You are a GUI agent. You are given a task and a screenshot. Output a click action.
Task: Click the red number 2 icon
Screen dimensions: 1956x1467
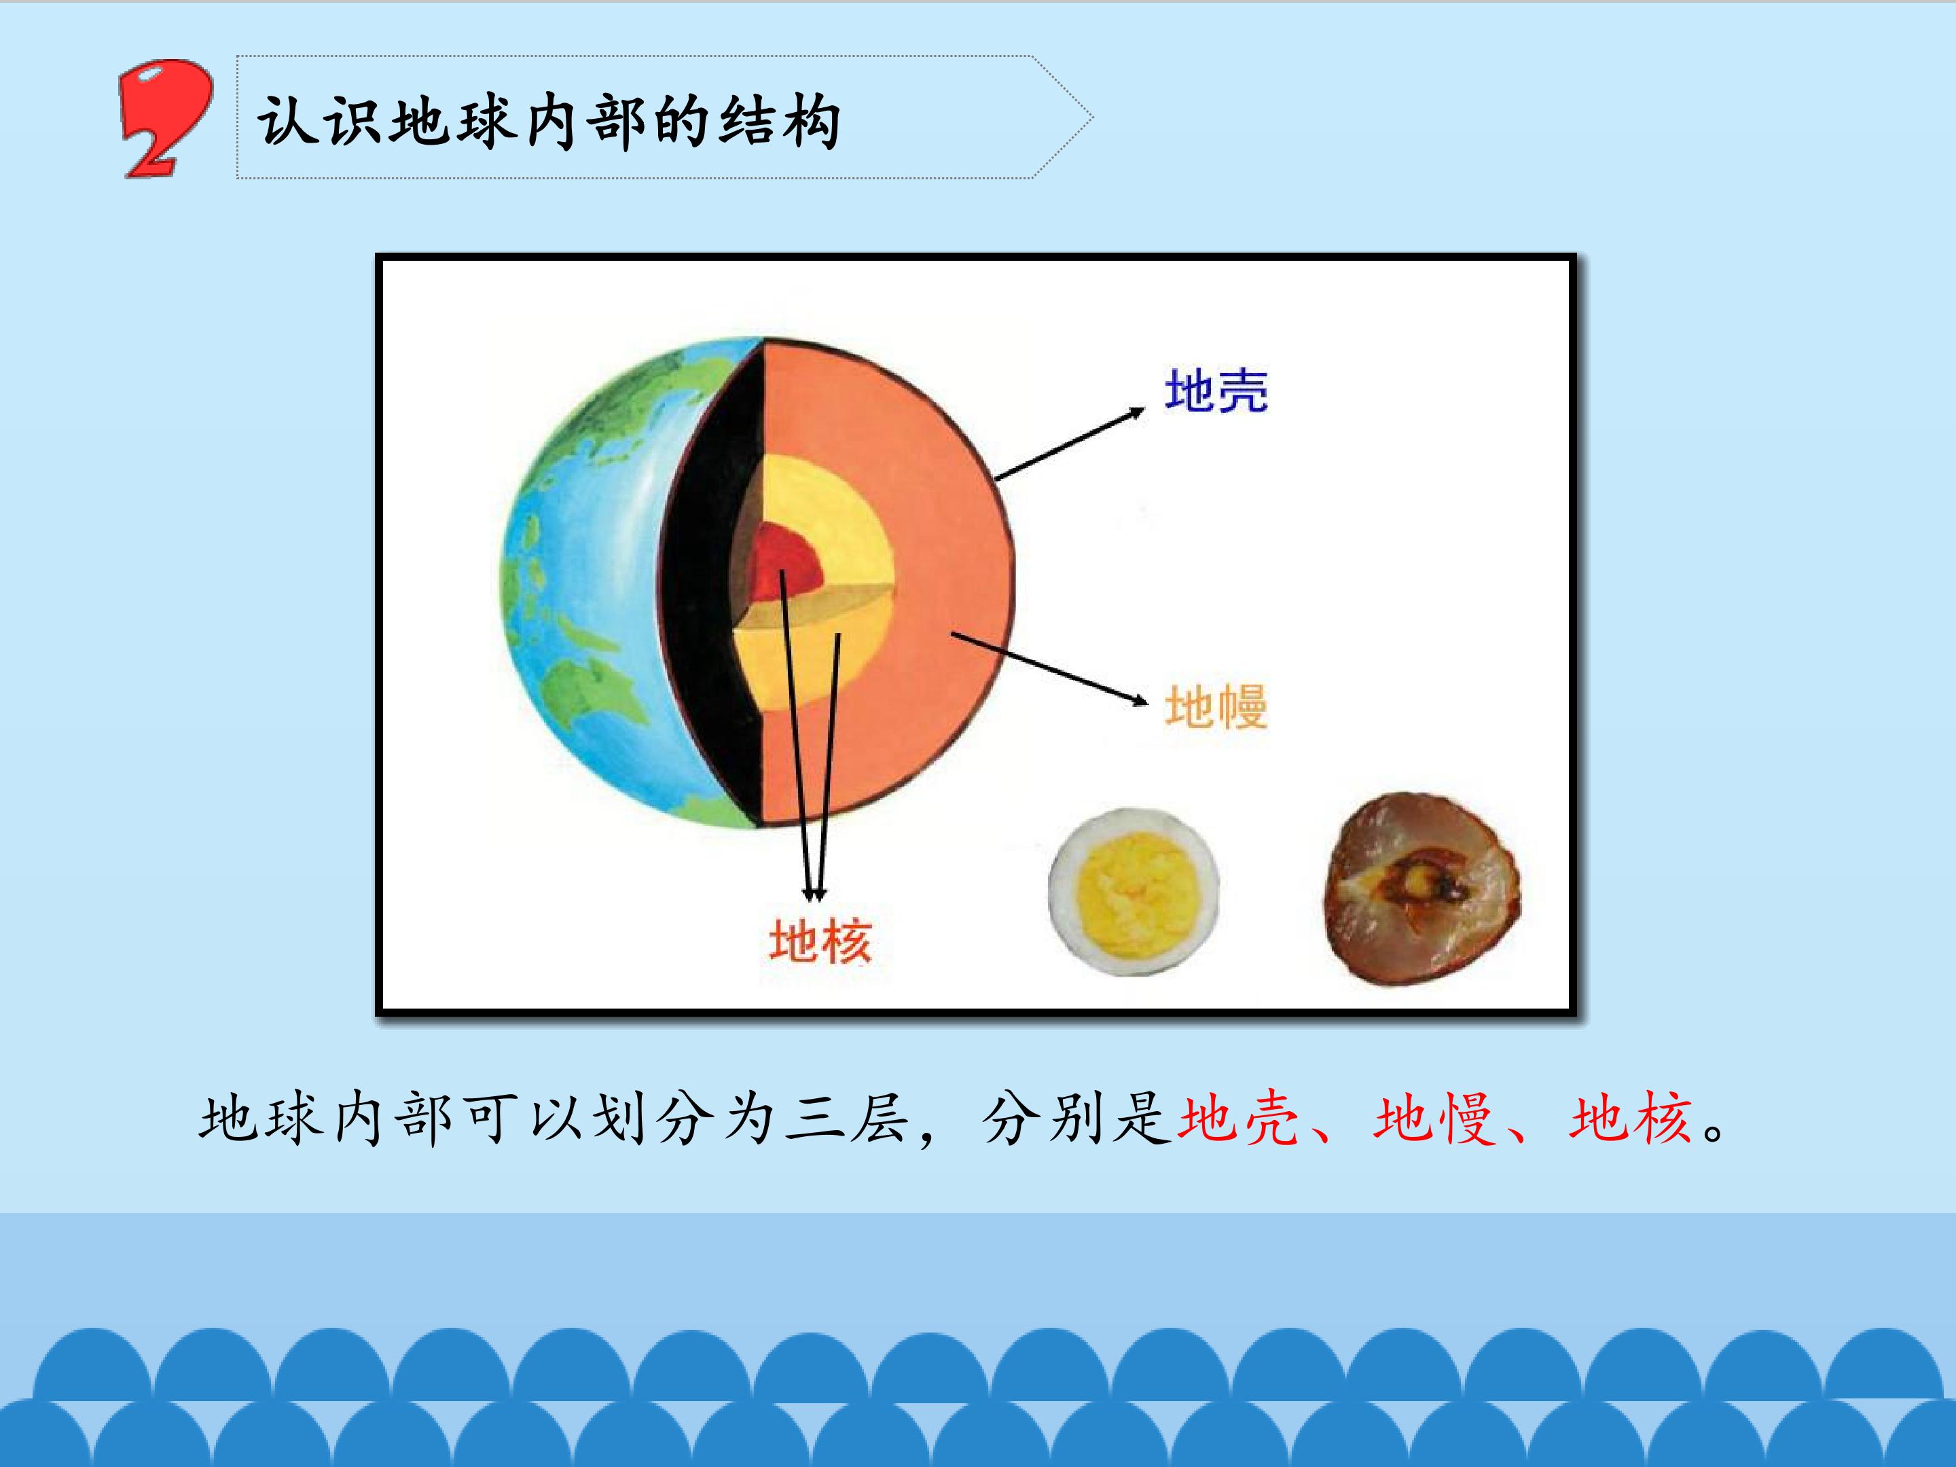pyautogui.click(x=165, y=117)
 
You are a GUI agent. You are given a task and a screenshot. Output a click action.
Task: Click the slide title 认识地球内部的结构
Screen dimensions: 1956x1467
pyautogui.click(x=548, y=120)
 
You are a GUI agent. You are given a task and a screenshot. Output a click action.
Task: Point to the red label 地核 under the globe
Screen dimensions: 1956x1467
pyautogui.click(x=820, y=940)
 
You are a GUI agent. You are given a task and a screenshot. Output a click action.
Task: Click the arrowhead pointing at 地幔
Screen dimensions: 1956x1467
pyautogui.click(x=1140, y=700)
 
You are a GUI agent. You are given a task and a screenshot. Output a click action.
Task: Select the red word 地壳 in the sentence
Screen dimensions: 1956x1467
pyautogui.click(x=1238, y=1119)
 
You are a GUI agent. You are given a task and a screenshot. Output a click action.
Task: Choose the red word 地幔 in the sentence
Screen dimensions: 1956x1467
pyautogui.click(x=1434, y=1119)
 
